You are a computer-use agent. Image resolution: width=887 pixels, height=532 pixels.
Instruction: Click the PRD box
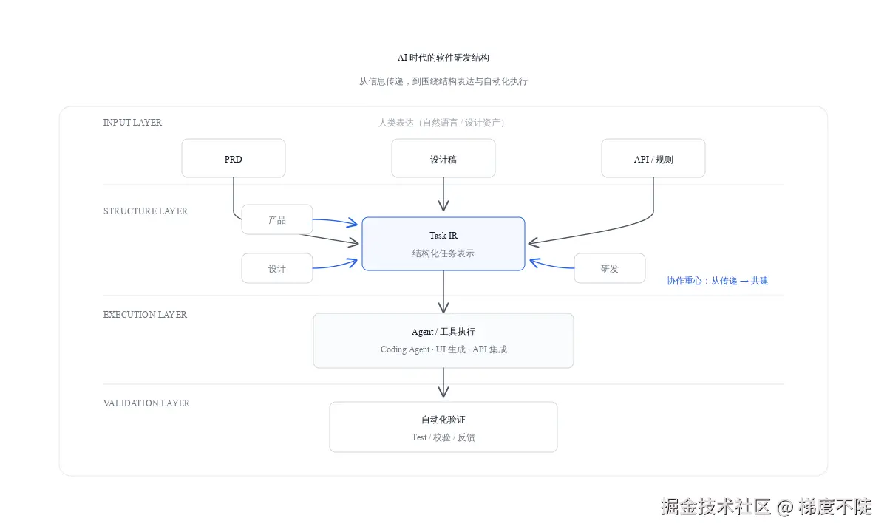[x=233, y=159]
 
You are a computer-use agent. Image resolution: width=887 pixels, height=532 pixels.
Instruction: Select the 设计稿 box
[x=443, y=159]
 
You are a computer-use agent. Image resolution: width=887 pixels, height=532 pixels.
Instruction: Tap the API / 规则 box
[x=653, y=159]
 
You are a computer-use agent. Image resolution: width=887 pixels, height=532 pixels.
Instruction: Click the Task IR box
[x=443, y=244]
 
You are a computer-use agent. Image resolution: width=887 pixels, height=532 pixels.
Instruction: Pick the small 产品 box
[x=276, y=219]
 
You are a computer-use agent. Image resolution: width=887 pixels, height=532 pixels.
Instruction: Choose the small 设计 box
[x=276, y=268]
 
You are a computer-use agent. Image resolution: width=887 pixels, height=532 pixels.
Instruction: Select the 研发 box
[x=609, y=268]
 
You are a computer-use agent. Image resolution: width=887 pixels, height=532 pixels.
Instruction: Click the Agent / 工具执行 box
[x=443, y=340]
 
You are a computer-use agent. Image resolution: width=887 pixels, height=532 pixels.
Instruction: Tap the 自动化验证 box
[x=443, y=427]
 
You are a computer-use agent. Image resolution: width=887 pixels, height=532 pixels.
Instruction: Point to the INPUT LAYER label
[x=132, y=123]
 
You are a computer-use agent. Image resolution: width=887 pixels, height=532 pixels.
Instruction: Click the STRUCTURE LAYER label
[x=146, y=211]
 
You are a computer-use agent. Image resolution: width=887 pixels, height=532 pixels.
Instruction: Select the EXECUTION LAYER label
[x=145, y=315]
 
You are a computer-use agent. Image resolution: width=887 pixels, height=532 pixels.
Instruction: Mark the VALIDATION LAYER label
[x=146, y=403]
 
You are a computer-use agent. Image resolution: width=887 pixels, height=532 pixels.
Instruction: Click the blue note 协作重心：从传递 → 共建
[x=717, y=281]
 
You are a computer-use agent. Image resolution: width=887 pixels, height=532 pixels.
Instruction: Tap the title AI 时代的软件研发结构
[x=443, y=58]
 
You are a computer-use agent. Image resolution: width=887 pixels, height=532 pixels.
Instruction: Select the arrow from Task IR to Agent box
[x=443, y=292]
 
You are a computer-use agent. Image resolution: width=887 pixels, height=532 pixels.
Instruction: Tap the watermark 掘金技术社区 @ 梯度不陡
[x=766, y=507]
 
